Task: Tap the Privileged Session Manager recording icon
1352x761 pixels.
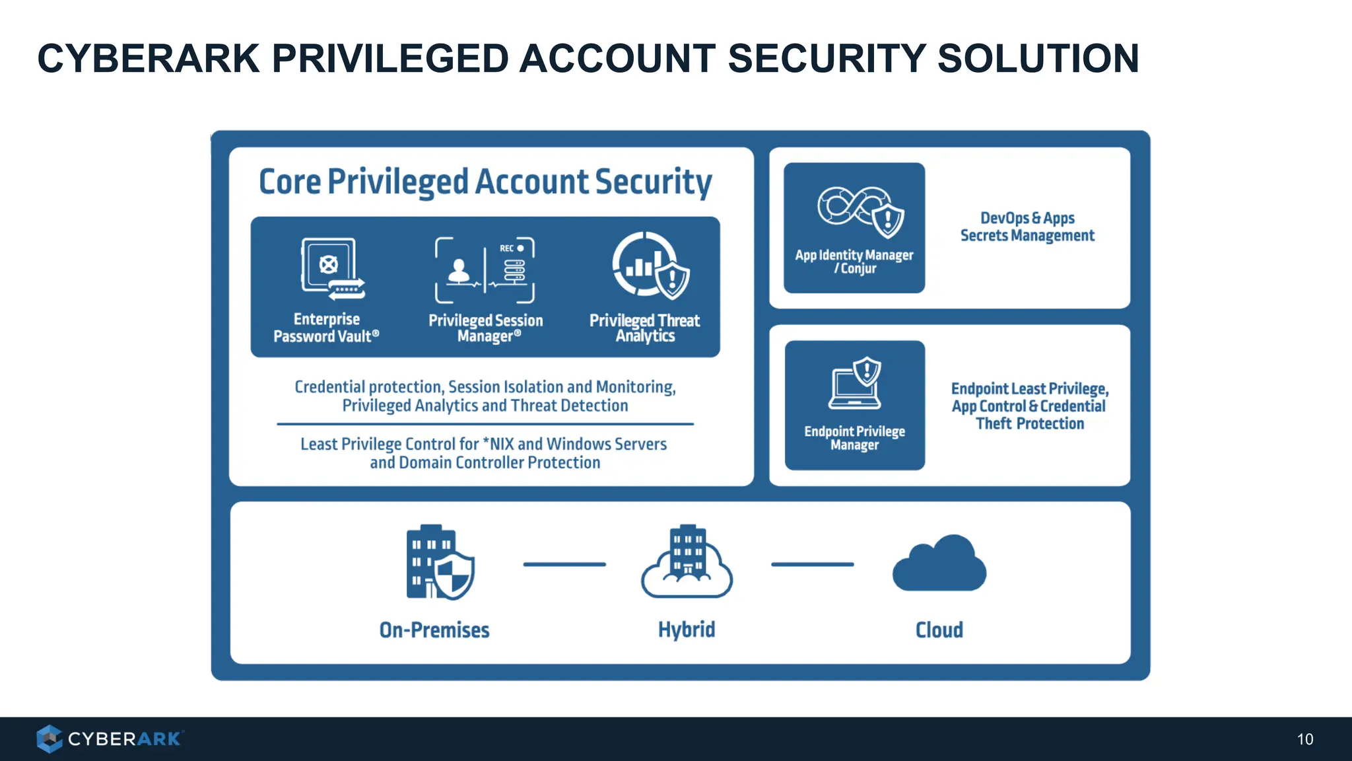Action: pyautogui.click(x=485, y=270)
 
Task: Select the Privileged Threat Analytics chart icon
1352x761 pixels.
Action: pyautogui.click(x=650, y=266)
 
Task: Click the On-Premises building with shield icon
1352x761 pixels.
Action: pyautogui.click(x=439, y=563)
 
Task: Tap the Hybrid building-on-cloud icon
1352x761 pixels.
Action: pyautogui.click(x=687, y=563)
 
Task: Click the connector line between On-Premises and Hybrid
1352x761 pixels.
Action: pyautogui.click(x=564, y=564)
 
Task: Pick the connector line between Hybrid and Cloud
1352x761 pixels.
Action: pyautogui.click(x=812, y=564)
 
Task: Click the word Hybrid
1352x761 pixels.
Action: pyautogui.click(x=687, y=630)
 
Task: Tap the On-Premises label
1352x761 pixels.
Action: pyautogui.click(x=434, y=630)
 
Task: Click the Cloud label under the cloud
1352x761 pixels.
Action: pyautogui.click(x=939, y=630)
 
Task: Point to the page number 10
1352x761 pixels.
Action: pyautogui.click(x=1305, y=739)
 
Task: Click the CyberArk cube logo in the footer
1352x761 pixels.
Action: pyautogui.click(x=49, y=739)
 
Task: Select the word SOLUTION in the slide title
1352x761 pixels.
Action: pyautogui.click(x=1038, y=58)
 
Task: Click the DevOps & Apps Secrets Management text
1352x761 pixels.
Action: pyautogui.click(x=1027, y=227)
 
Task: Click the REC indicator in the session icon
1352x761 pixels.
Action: pyautogui.click(x=511, y=248)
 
